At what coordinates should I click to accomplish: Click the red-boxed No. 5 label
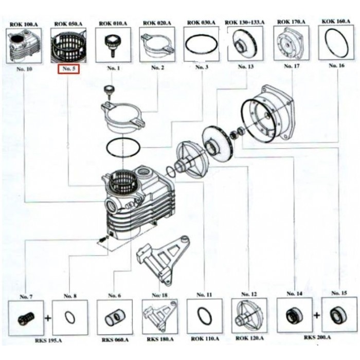[x=68, y=69]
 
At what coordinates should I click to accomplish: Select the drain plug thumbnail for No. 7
[x=25, y=317]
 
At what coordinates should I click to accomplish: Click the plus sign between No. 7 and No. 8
[x=47, y=317]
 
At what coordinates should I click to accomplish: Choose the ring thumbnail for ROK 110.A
[x=203, y=316]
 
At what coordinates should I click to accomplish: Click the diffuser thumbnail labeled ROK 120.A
[x=248, y=316]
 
